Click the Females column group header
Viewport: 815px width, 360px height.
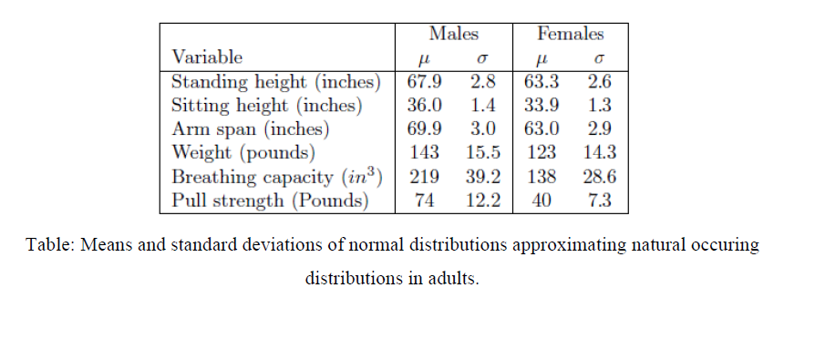(x=571, y=34)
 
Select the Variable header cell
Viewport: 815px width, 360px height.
(x=208, y=57)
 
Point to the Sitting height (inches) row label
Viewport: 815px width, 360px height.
(x=267, y=105)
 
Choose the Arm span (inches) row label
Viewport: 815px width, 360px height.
(x=251, y=129)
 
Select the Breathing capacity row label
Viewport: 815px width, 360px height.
(x=276, y=177)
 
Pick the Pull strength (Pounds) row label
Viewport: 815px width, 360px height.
(x=270, y=201)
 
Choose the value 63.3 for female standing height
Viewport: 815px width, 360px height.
(x=542, y=81)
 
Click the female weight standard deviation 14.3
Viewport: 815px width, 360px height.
(x=600, y=152)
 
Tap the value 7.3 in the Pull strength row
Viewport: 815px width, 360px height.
(x=600, y=201)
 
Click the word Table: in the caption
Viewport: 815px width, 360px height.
(x=48, y=246)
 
